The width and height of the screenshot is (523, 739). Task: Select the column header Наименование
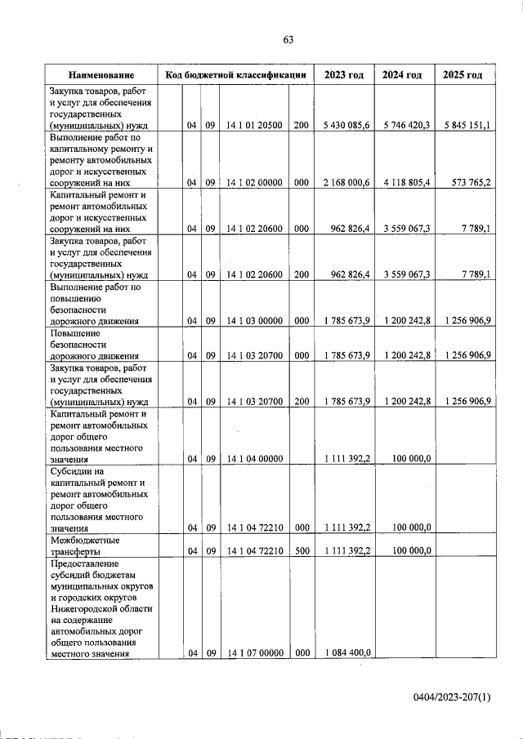[x=101, y=75]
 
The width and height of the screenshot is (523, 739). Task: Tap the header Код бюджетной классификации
[x=235, y=75]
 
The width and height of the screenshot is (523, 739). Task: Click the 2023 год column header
[x=343, y=75]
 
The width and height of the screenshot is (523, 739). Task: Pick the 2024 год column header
[x=402, y=75]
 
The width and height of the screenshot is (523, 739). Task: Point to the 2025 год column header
[x=463, y=75]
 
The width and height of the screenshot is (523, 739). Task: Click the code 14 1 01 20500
[x=254, y=125]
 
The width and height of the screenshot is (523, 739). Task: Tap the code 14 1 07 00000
[x=254, y=652]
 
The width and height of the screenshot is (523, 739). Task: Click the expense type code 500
[x=301, y=551]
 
